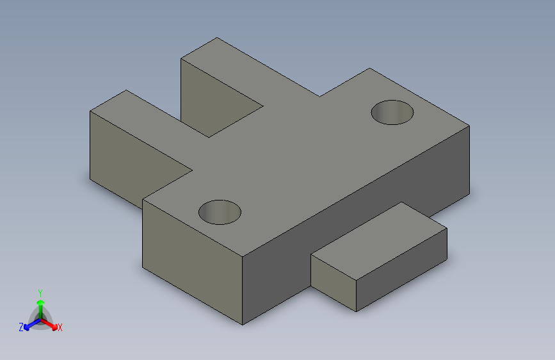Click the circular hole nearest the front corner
[x=220, y=211]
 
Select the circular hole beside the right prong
[x=392, y=112]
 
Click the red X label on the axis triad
[x=60, y=328]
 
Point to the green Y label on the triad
[x=40, y=291]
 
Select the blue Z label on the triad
[x=21, y=327]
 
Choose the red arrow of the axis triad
[x=51, y=323]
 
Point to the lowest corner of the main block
[x=243, y=325]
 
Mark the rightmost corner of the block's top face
[x=469, y=126]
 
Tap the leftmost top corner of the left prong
[x=90, y=111]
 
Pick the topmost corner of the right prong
[x=217, y=38]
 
